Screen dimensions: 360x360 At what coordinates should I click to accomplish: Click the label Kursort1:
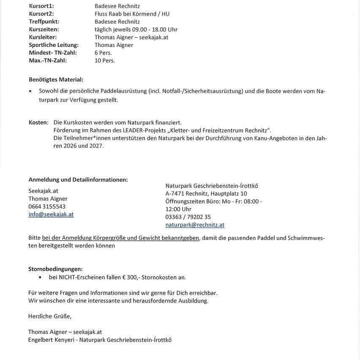[x=41, y=6]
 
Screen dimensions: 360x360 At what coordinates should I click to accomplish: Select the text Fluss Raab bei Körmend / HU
[x=132, y=14]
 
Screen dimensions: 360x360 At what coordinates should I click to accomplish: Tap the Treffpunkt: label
[x=44, y=22]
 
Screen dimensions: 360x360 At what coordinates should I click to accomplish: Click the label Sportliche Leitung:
[x=54, y=45]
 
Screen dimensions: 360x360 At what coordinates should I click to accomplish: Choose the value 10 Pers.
[x=105, y=60]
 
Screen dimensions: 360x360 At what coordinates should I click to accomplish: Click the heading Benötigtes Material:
[x=56, y=79]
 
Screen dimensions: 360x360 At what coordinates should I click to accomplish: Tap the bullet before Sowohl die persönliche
[x=31, y=91]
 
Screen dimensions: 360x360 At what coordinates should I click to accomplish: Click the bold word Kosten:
[x=38, y=122]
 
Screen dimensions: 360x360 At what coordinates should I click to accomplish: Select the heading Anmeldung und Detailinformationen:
[x=78, y=180]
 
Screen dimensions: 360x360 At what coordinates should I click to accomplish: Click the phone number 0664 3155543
[x=47, y=207]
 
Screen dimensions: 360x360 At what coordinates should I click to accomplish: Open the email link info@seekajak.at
[x=51, y=214]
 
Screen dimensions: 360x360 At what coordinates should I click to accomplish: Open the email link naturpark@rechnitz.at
[x=195, y=225]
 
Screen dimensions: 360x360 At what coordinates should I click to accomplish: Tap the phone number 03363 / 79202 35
[x=188, y=217]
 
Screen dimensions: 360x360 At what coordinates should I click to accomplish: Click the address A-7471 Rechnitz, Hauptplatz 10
[x=206, y=194]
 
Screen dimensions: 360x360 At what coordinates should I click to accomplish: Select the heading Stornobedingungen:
[x=55, y=269]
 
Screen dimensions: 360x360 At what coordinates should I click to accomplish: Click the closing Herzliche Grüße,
[x=50, y=316]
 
